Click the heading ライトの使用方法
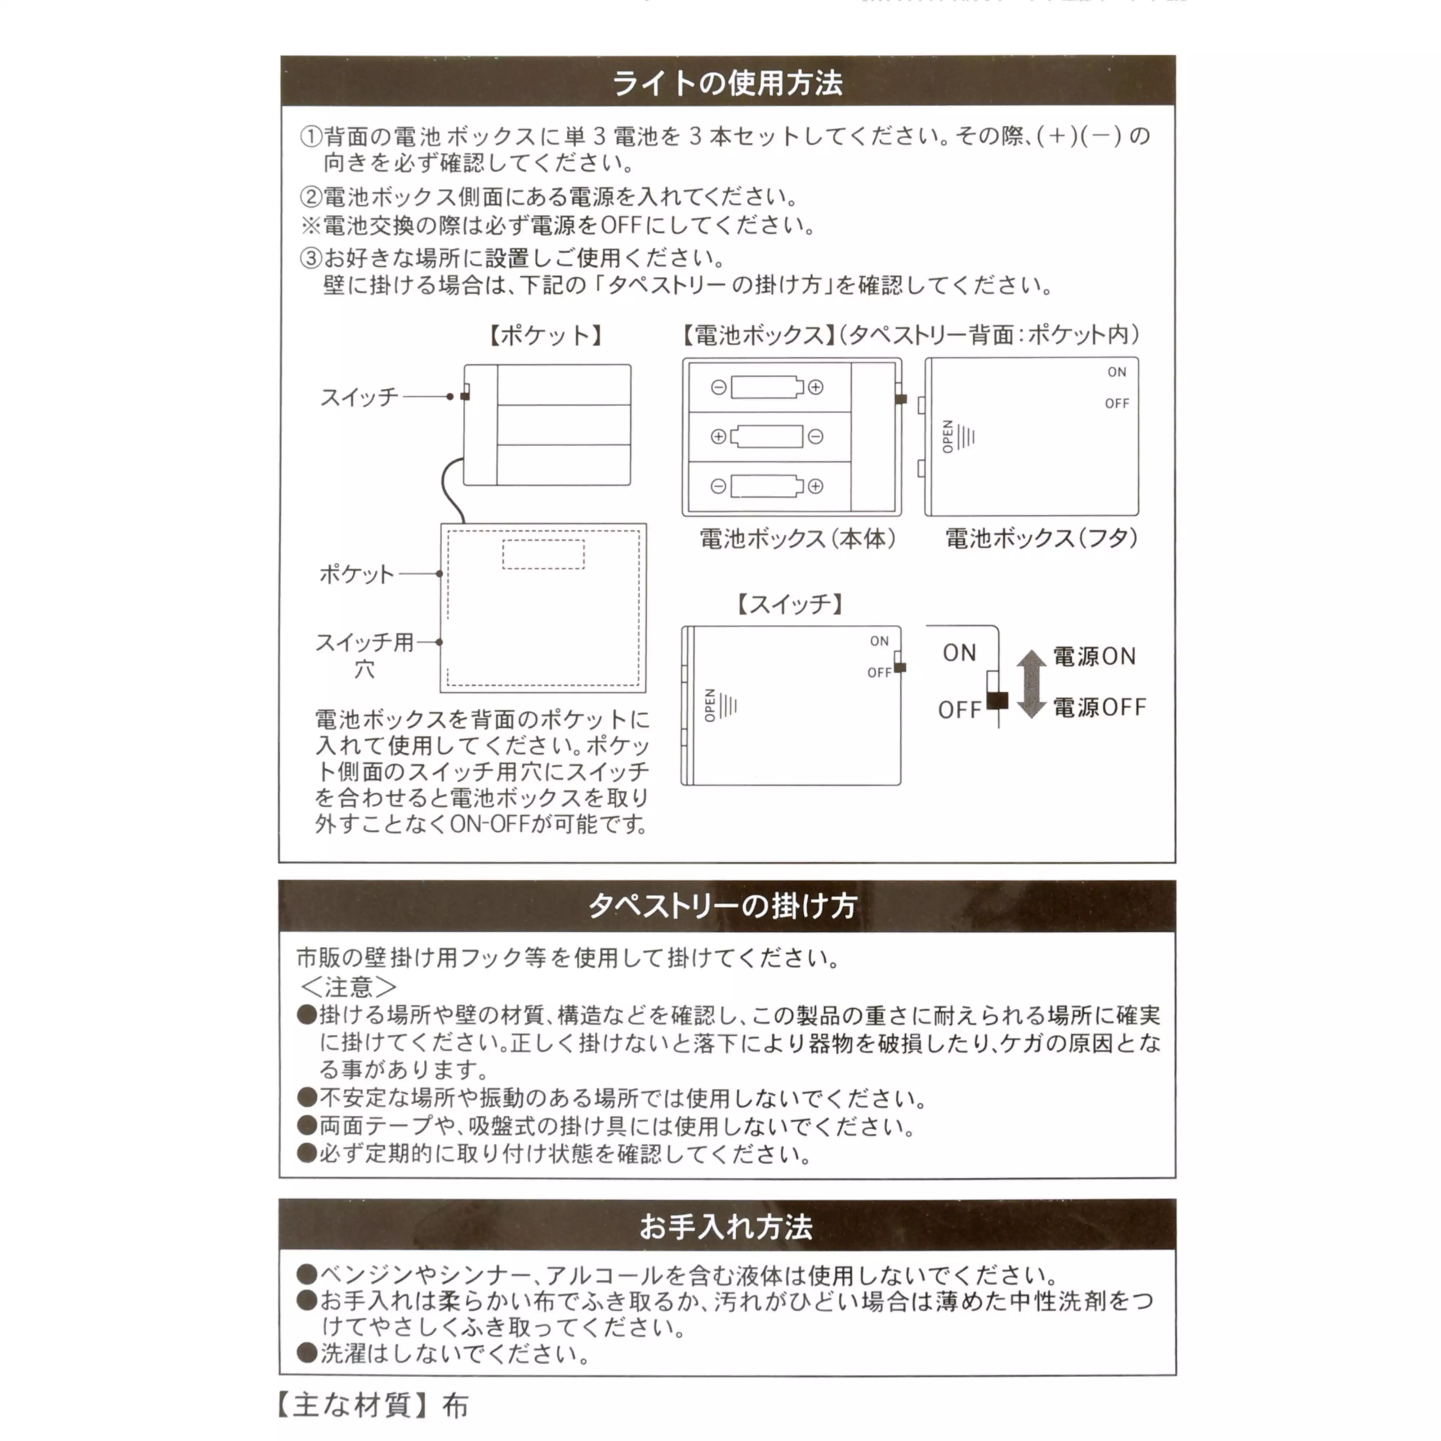point(727,83)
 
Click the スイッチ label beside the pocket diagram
point(360,397)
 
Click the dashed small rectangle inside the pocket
point(543,554)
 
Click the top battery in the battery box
point(767,387)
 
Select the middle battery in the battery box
point(767,436)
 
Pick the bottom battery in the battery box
point(767,486)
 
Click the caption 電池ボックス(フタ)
point(1041,539)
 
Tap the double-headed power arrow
point(1031,683)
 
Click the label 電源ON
point(1094,656)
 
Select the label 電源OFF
point(1099,707)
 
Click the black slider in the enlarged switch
point(996,700)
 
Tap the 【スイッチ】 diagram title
point(790,603)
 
